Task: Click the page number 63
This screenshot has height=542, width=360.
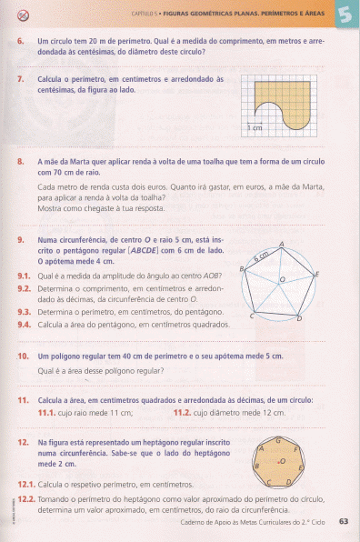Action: coord(343,522)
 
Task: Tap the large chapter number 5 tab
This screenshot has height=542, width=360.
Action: coord(346,15)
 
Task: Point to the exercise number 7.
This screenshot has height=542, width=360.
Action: coord(20,80)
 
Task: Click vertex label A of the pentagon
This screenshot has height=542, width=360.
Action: coord(283,244)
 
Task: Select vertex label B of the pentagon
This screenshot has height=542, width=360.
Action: coord(242,270)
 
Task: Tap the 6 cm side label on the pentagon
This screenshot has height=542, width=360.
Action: coord(263,255)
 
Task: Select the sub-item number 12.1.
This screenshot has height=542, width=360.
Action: coord(25,486)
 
